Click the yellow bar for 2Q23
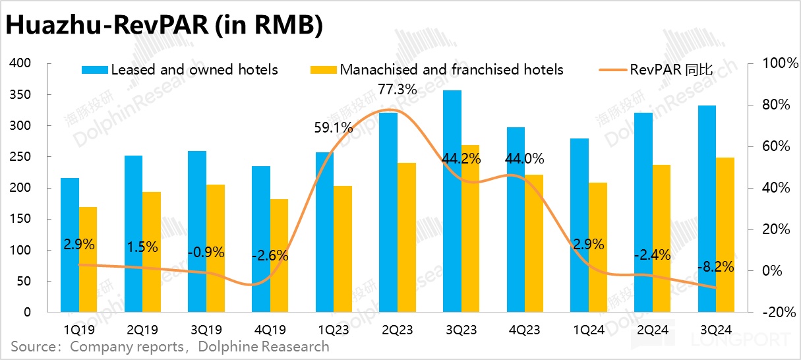pyautogui.click(x=407, y=237)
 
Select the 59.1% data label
pyautogui.click(x=334, y=128)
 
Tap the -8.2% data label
pyautogui.click(x=716, y=268)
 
